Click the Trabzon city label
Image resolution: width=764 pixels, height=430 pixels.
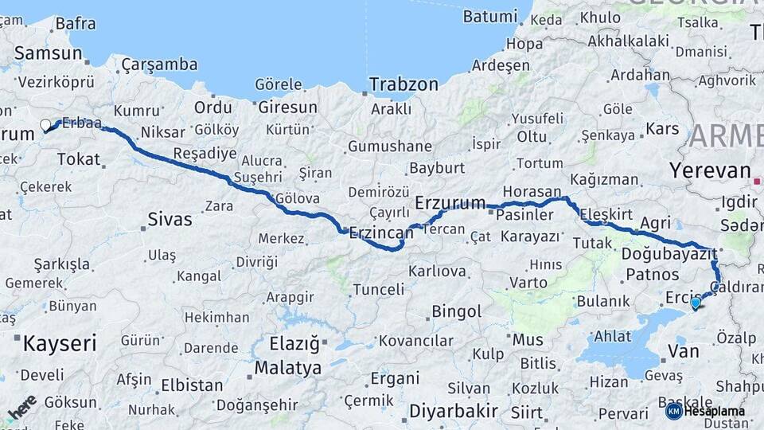coord(403,84)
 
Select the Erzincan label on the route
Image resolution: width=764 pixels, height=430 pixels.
coord(382,233)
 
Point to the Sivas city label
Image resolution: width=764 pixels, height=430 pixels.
coord(170,219)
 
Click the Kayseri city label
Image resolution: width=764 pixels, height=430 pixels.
coord(60,343)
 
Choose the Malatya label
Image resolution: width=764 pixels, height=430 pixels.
coord(288,368)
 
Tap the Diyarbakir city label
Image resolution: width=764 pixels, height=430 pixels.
coord(453,411)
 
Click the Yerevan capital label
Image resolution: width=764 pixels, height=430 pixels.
coord(710,170)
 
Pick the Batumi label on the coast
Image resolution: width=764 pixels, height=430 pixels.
coord(491,16)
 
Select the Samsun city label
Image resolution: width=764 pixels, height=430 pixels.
coord(49,53)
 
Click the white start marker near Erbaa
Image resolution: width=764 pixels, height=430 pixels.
coord(46,125)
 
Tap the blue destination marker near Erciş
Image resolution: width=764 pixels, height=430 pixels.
coord(696,303)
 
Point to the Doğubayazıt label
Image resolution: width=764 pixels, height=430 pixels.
coord(669,254)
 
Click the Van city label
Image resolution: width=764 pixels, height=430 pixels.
coord(683,350)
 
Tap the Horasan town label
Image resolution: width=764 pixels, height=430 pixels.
coord(532,192)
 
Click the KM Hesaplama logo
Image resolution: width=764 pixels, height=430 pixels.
coord(705,411)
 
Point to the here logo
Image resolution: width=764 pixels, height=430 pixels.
coord(21,408)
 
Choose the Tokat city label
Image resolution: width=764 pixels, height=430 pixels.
coord(78,159)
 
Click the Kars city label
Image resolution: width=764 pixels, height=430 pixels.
coord(662,128)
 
